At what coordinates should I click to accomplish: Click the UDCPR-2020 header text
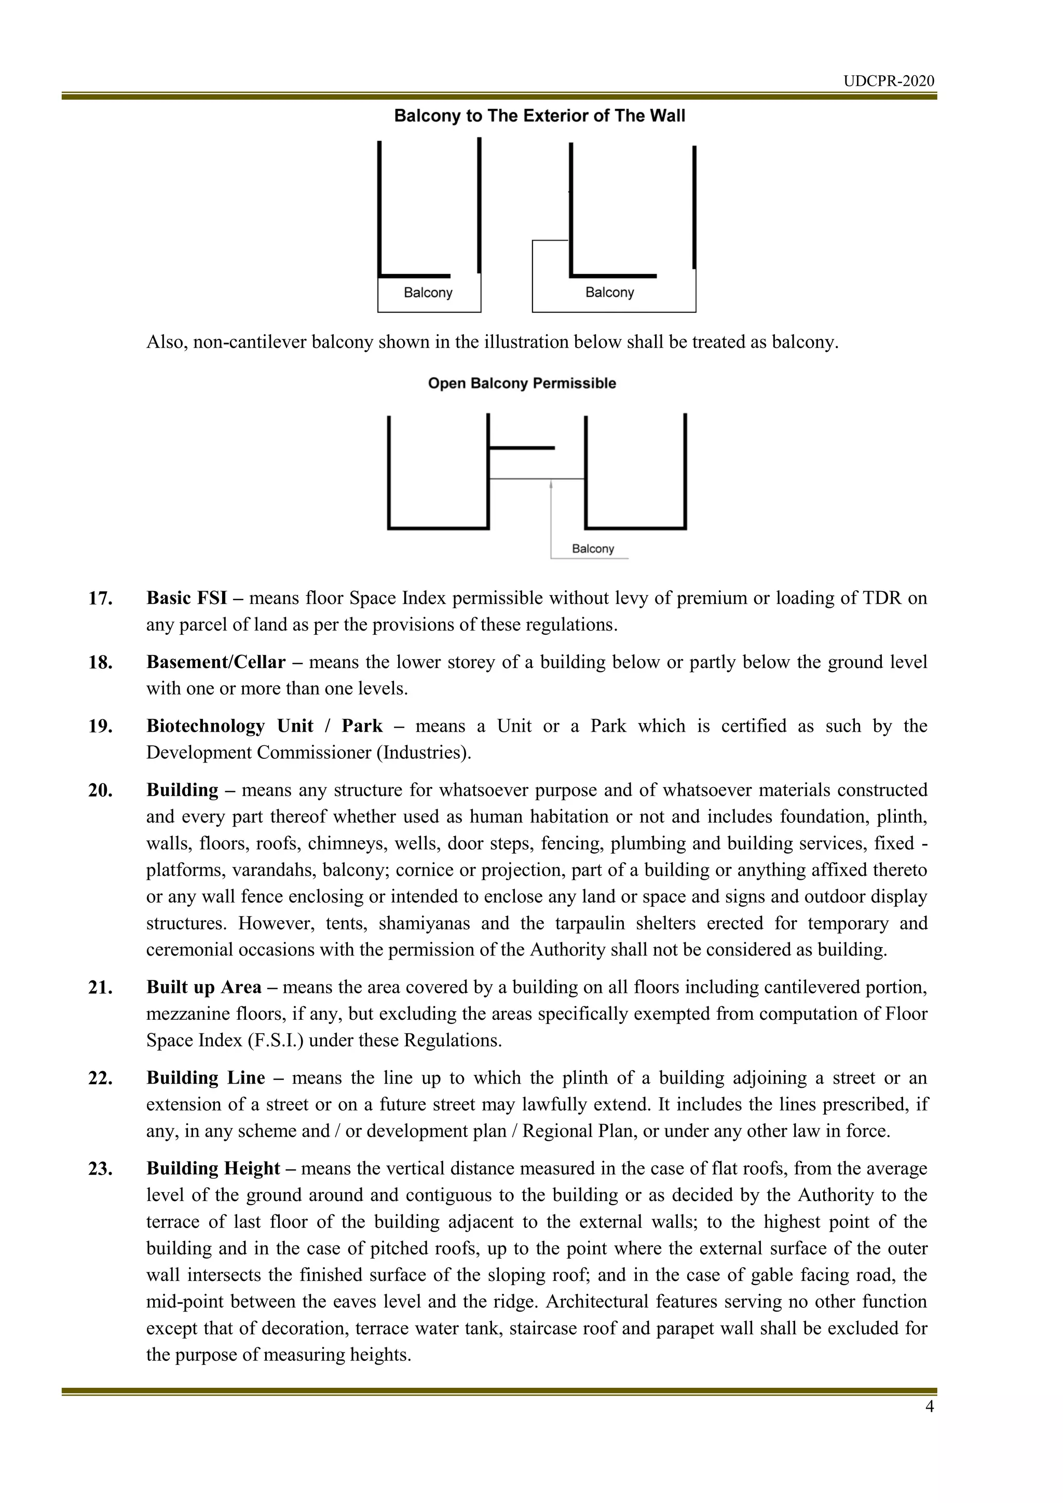click(888, 81)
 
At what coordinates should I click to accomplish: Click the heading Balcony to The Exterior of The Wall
click(539, 117)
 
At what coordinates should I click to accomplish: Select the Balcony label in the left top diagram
click(428, 293)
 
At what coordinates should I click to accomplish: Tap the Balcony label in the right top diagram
click(609, 293)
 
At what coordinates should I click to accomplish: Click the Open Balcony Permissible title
click(522, 384)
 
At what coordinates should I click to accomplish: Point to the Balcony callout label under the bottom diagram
click(592, 549)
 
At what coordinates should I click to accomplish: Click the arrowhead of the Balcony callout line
click(551, 484)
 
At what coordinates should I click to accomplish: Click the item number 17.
click(100, 598)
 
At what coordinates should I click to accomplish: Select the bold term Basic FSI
click(186, 598)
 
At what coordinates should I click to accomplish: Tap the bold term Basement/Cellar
click(216, 662)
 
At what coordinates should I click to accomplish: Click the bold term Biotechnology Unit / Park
click(264, 726)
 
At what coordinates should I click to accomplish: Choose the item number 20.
click(100, 790)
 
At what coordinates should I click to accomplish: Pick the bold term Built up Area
click(203, 987)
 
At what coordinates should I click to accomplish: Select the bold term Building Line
click(206, 1078)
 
